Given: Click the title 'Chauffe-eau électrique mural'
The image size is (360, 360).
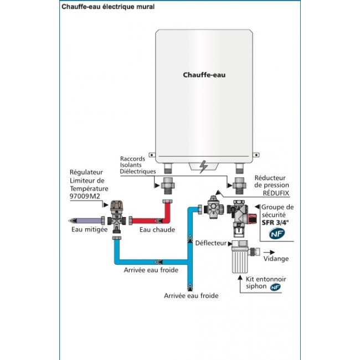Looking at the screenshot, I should pyautogui.click(x=108, y=7).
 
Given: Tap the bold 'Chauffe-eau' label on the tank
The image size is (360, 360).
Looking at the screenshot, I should pyautogui.click(x=204, y=74).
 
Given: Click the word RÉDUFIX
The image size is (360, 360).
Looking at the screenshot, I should pyautogui.click(x=272, y=193).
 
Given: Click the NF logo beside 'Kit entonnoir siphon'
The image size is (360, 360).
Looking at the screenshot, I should pyautogui.click(x=275, y=287).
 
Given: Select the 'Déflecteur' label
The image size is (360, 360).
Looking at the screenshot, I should pyautogui.click(x=211, y=243).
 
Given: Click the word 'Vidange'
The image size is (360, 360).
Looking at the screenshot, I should pyautogui.click(x=276, y=259).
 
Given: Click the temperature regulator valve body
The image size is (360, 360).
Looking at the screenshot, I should pyautogui.click(x=117, y=215).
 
